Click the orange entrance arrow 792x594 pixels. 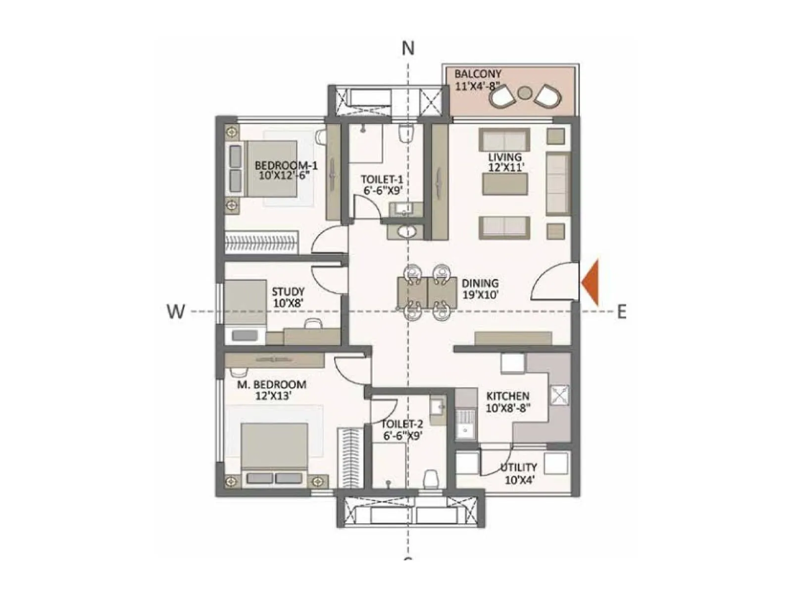click(x=591, y=282)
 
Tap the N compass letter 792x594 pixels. click(x=408, y=49)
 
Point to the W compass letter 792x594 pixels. click(x=176, y=312)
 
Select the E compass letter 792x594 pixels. click(x=621, y=312)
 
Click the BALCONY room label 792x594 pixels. click(x=478, y=74)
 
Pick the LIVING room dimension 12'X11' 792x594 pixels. click(x=505, y=168)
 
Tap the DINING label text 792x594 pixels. click(x=480, y=284)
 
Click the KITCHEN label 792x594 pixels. click(x=507, y=396)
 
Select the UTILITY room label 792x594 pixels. click(x=518, y=467)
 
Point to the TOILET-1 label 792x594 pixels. click(x=382, y=179)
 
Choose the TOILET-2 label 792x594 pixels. click(x=402, y=424)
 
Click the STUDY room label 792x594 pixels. click(x=288, y=292)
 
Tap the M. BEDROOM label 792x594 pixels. click(x=272, y=385)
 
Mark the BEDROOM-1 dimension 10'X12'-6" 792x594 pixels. click(x=285, y=175)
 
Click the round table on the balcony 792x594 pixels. click(x=524, y=92)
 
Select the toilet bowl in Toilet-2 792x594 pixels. click(x=432, y=479)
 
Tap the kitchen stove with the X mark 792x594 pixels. click(x=559, y=395)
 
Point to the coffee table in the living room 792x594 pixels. click(x=505, y=184)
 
